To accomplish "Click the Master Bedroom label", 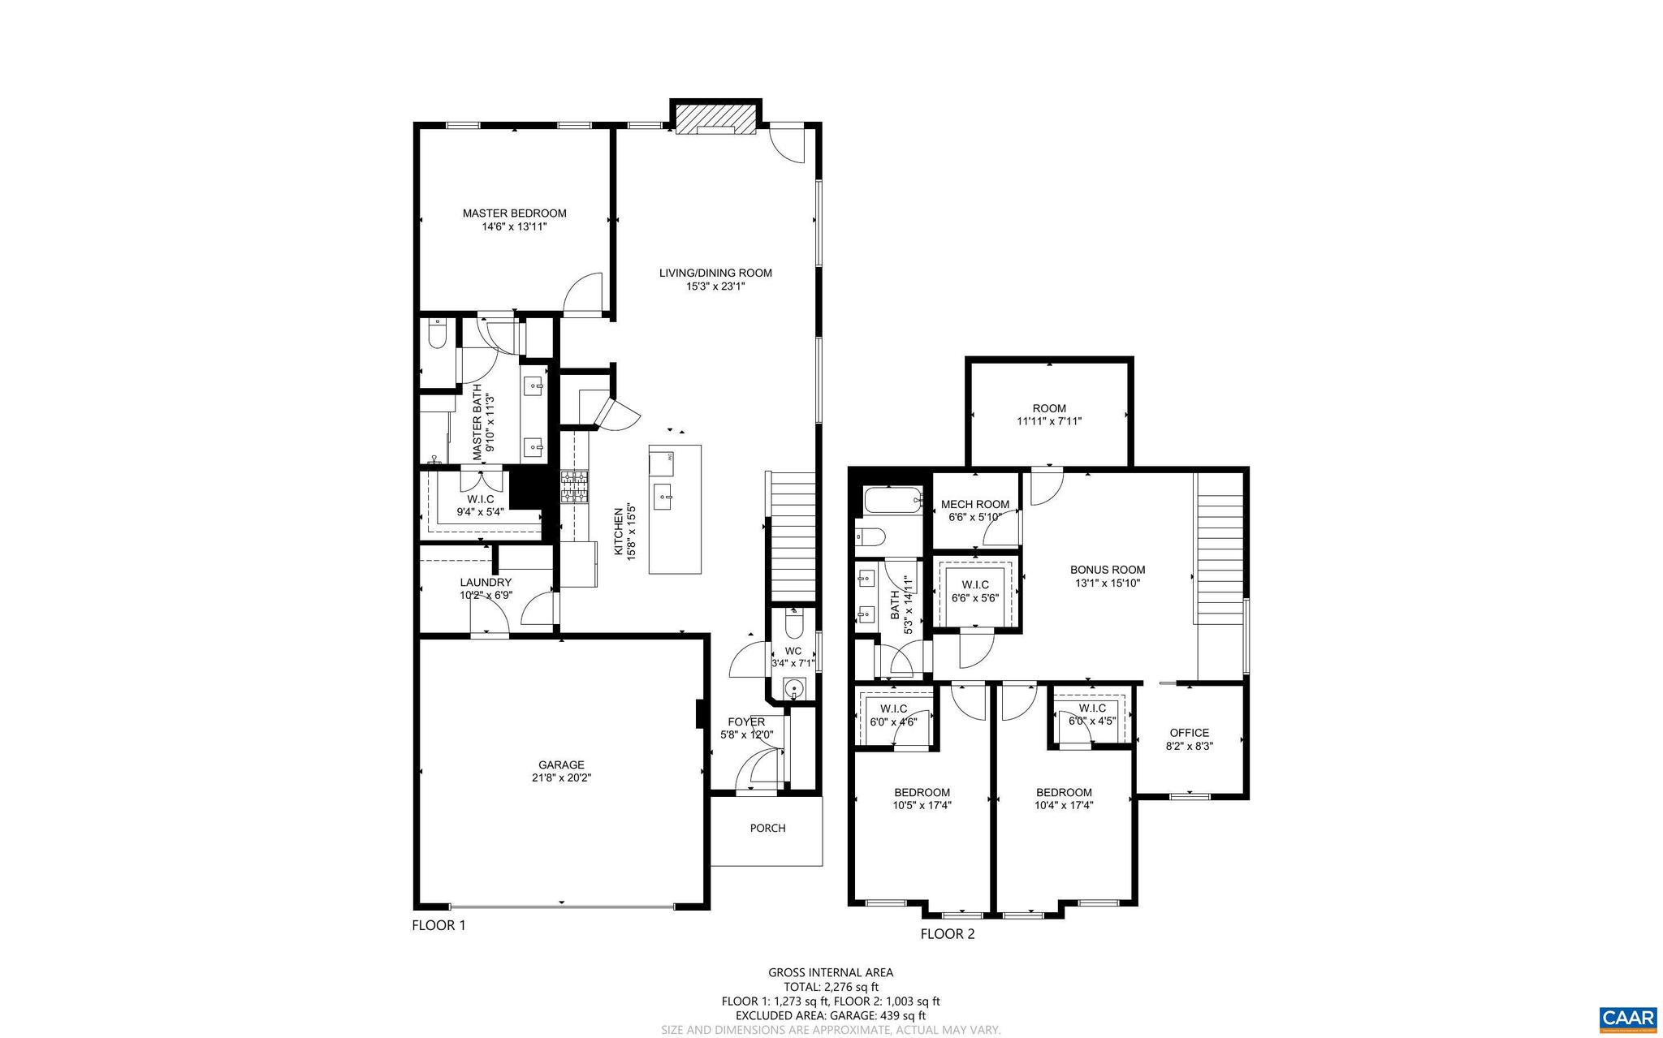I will click(514, 213).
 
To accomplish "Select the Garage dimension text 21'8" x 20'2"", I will click(561, 777).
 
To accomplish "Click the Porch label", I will click(767, 829).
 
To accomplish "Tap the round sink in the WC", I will click(793, 690).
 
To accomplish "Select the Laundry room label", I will click(486, 583).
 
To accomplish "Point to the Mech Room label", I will click(975, 505).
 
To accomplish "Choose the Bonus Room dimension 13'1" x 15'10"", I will click(1108, 583).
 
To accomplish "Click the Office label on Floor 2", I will click(1189, 733).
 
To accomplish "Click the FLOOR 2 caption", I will click(947, 934).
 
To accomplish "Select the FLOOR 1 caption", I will click(438, 925).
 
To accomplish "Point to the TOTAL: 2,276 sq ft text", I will click(831, 987).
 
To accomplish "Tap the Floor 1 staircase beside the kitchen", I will click(792, 536).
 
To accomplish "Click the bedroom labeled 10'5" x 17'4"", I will click(922, 799).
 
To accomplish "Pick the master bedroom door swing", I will click(583, 294).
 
